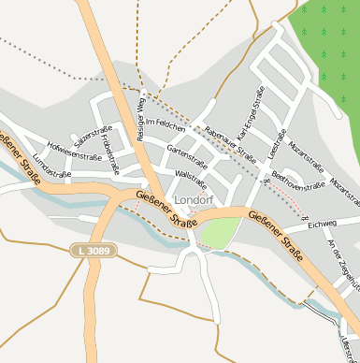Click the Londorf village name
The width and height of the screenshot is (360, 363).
(194, 199)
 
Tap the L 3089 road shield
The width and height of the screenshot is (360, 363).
(87, 251)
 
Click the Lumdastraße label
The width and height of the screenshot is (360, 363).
(51, 165)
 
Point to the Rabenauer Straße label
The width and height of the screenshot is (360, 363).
(230, 139)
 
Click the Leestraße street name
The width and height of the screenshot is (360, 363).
(276, 152)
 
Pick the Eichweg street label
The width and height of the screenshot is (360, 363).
(321, 224)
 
